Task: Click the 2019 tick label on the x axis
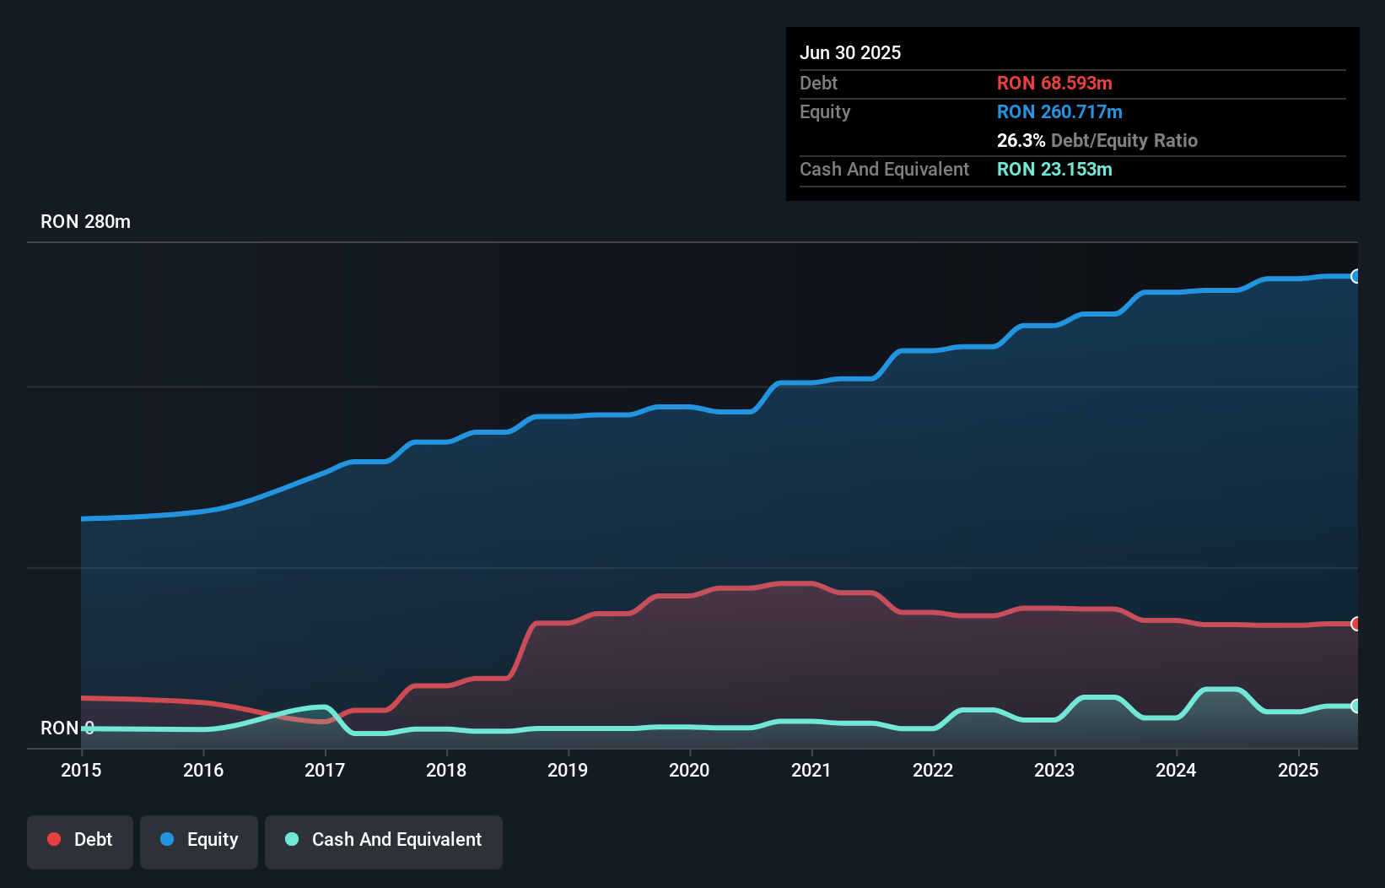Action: point(568,770)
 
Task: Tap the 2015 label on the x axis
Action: point(81,770)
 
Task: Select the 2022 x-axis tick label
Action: point(933,770)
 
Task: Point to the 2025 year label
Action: point(1298,770)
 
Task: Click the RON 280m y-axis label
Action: point(85,222)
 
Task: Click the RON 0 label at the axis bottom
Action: point(67,728)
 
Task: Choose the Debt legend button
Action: point(80,840)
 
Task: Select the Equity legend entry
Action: point(199,840)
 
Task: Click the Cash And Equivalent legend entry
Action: point(384,840)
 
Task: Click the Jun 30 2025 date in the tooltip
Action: point(850,53)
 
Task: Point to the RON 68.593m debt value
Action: point(1054,84)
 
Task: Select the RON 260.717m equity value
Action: point(1059,112)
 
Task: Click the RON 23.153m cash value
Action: point(1054,170)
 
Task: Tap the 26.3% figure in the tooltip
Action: point(1021,141)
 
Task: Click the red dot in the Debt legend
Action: point(54,839)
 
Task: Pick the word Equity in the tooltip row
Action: point(825,112)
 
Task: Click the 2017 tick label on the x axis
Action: point(325,770)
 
